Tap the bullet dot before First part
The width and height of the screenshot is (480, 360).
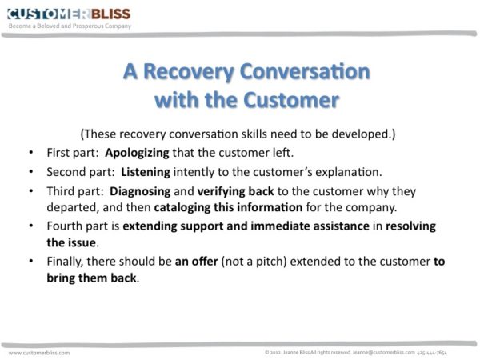coord(30,152)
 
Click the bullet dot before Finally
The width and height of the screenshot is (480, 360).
coord(30,262)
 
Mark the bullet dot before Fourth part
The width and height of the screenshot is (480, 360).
coord(30,226)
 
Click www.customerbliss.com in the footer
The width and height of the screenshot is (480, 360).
coord(39,352)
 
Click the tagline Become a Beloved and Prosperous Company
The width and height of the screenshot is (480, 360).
coord(70,26)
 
